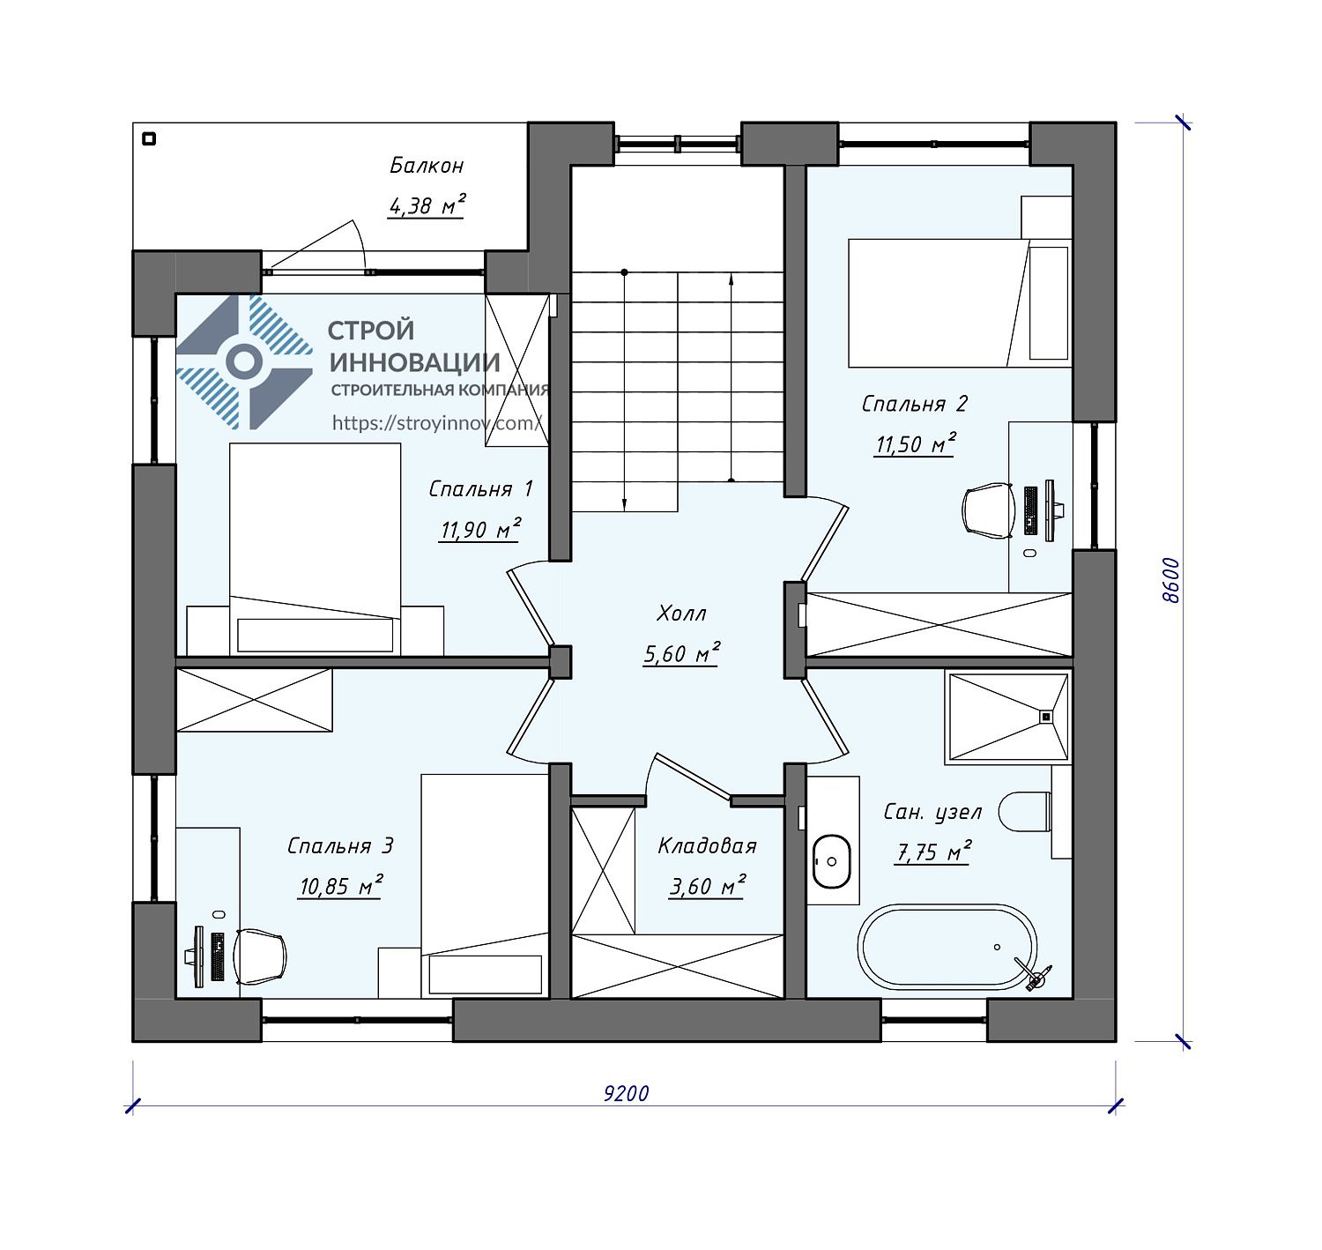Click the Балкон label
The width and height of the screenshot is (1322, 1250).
pyautogui.click(x=427, y=166)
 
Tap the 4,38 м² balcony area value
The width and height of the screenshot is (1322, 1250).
pyautogui.click(x=427, y=205)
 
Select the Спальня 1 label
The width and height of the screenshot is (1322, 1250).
pyautogui.click(x=481, y=489)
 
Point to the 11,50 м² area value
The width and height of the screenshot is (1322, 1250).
pyautogui.click(x=915, y=443)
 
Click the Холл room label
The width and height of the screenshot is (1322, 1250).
pyautogui.click(x=681, y=613)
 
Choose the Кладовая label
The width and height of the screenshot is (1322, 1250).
pyautogui.click(x=707, y=845)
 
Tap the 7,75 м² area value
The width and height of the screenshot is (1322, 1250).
pyautogui.click(x=932, y=852)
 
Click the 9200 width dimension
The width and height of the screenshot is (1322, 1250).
pyautogui.click(x=626, y=1094)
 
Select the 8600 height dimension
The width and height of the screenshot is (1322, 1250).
pyautogui.click(x=1170, y=581)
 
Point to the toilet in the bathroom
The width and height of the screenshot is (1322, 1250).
pyautogui.click(x=1025, y=811)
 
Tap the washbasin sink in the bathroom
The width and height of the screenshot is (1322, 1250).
pyautogui.click(x=831, y=862)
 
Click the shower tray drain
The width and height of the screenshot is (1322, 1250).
pyautogui.click(x=1045, y=718)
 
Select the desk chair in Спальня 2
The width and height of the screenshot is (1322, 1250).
pyautogui.click(x=988, y=510)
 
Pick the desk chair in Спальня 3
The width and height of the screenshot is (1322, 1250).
pyautogui.click(x=260, y=956)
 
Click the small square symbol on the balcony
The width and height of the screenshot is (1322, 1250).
pyautogui.click(x=149, y=138)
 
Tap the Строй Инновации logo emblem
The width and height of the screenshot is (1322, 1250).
pyautogui.click(x=244, y=362)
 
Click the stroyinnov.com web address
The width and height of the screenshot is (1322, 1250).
pyautogui.click(x=436, y=423)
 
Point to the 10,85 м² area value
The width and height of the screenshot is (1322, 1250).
pyautogui.click(x=341, y=886)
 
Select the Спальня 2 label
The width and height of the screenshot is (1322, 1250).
pyautogui.click(x=915, y=404)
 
